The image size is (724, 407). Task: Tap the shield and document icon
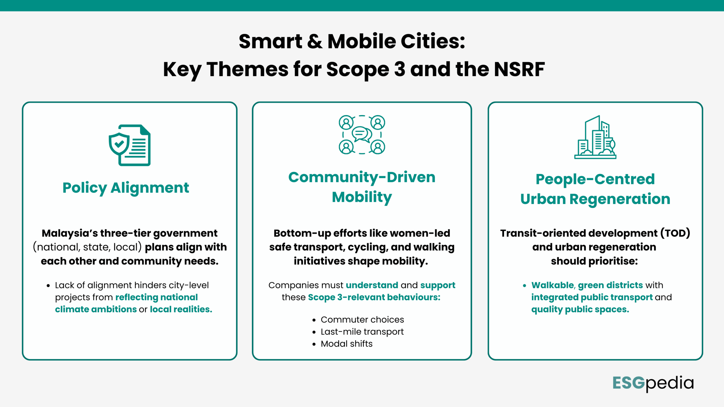tap(130, 145)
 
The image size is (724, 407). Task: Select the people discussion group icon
tap(362, 135)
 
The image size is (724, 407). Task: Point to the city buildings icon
tap(595, 138)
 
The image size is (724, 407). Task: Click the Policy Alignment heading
tap(126, 188)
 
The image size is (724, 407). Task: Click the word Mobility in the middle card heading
tap(362, 197)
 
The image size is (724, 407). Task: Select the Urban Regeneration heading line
tap(595, 199)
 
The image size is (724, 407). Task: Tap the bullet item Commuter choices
tap(362, 320)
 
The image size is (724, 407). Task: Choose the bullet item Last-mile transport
tap(362, 332)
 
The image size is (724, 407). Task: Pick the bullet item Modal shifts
tap(346, 344)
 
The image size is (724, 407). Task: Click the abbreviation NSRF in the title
tap(519, 70)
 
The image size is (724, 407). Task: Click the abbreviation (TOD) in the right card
tap(675, 233)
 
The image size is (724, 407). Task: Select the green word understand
tap(372, 285)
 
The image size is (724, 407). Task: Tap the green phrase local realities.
tap(181, 309)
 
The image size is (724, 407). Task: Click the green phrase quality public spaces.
tap(580, 309)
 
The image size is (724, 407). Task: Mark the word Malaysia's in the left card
tap(70, 233)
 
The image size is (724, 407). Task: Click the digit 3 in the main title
tap(399, 70)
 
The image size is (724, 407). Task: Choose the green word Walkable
tap(552, 285)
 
